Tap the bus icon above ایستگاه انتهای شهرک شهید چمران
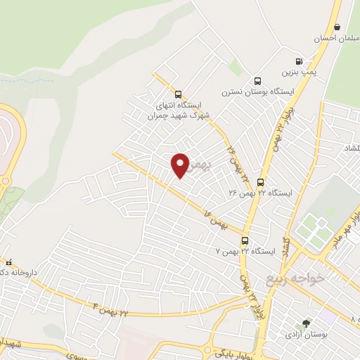pos(177,94)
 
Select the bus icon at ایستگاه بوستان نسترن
pos(257,81)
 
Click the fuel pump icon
pos(300,61)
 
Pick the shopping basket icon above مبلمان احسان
pos(337,27)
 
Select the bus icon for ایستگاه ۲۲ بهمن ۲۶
pos(261,181)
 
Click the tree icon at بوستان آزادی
pos(306,323)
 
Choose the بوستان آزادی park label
pos(304,335)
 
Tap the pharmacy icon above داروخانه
pos(9,262)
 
